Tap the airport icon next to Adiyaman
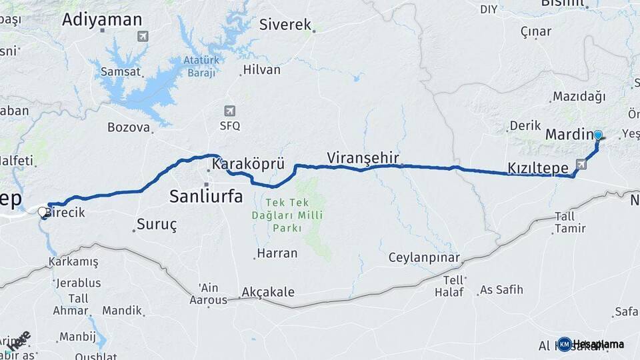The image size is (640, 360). [x=143, y=36]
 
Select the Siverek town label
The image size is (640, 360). [x=285, y=25]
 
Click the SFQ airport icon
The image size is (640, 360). [x=230, y=111]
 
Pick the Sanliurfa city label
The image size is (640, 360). [x=206, y=196]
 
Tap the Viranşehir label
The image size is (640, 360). [x=363, y=158]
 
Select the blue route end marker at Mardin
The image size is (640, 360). [x=598, y=135]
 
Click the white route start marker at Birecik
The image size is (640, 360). [x=43, y=213]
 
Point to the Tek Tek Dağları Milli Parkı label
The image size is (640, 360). [x=287, y=215]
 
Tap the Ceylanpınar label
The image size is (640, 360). [x=425, y=258]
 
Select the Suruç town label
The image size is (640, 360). [x=157, y=224]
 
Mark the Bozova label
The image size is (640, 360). [x=129, y=127]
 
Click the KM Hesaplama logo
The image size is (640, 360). [x=590, y=344]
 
